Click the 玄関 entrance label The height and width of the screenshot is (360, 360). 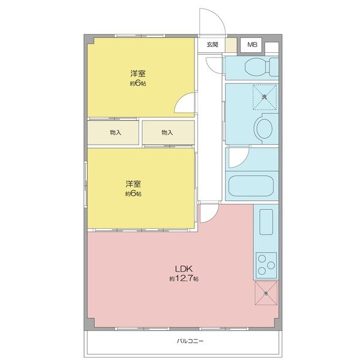212,44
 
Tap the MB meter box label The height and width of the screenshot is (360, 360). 252,44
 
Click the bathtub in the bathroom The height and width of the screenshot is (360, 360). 252,185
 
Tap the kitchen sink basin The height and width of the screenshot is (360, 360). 265,222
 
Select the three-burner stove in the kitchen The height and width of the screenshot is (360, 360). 266,262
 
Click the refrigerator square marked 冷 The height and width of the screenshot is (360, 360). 266,293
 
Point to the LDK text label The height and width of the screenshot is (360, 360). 183,268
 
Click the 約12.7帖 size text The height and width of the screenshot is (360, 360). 183,279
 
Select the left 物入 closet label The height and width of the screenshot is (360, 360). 116,133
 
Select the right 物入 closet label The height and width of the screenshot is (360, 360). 167,133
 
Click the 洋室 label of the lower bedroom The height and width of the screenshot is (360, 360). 133,183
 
